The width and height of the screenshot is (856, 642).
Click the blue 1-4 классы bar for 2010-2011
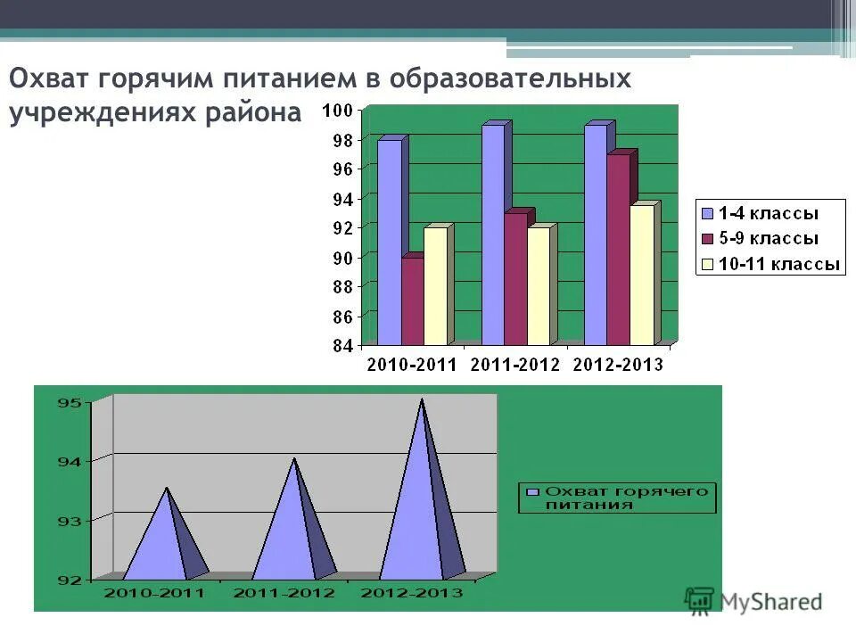point(389,241)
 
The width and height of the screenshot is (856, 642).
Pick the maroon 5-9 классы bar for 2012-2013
point(618,250)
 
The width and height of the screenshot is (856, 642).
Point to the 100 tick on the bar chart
point(342,111)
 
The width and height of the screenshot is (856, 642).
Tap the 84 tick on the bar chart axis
point(343,346)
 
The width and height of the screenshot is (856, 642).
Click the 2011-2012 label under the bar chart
point(514,364)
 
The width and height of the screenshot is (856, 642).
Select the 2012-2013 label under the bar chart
point(617,364)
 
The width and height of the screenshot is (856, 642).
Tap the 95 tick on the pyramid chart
point(70,402)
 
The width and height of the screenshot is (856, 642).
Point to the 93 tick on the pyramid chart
point(70,520)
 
